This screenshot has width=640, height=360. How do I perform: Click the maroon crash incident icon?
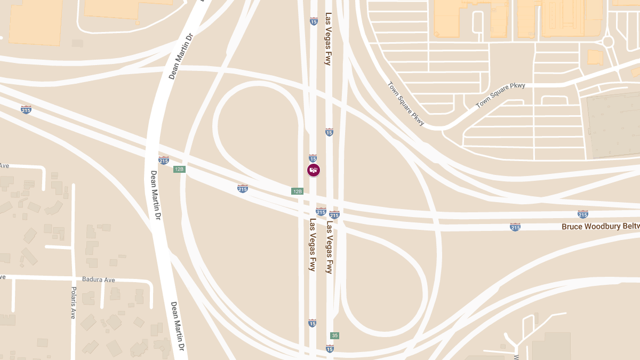click(x=314, y=170)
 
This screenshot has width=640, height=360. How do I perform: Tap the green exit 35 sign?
click(x=334, y=335)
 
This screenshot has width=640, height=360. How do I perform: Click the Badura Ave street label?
click(x=99, y=279)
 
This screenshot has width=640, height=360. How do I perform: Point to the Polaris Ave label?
click(x=74, y=302)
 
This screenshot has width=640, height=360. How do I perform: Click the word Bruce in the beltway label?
click(x=572, y=226)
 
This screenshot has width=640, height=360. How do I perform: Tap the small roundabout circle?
click(x=607, y=42)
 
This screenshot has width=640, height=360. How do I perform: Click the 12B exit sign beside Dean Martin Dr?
click(x=179, y=169)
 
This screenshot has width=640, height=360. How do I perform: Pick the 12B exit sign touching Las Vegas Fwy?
click(x=297, y=191)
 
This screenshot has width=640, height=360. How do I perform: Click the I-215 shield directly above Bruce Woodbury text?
click(x=582, y=214)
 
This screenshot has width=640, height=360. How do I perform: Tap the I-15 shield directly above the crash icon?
click(x=313, y=158)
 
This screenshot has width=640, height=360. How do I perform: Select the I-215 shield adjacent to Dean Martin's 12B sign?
click(x=164, y=160)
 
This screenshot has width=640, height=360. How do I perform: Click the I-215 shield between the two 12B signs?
click(x=243, y=188)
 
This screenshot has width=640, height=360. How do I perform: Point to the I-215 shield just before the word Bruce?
click(x=515, y=227)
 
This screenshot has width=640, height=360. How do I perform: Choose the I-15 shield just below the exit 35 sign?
click(x=330, y=349)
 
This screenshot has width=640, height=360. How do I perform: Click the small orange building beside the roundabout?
click(x=595, y=57)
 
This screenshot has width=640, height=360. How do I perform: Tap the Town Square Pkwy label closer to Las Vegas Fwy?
click(x=406, y=103)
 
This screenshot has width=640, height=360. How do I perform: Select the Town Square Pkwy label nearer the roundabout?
click(x=500, y=95)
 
